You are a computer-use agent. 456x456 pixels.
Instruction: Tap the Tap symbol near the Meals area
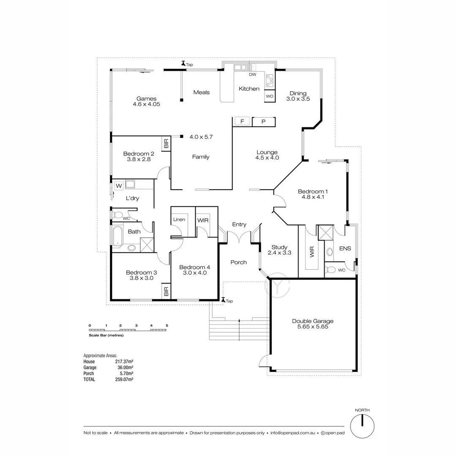coord(184,63)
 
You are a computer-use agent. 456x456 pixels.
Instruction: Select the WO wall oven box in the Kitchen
coord(270,96)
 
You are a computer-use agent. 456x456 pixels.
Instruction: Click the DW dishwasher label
coord(252,74)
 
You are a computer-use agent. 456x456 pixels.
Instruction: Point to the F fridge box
coord(242,122)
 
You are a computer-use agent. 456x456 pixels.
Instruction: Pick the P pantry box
coord(263,122)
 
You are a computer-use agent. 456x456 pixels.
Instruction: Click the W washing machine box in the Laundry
coord(119,186)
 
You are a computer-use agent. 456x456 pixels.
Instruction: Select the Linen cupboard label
coord(179,220)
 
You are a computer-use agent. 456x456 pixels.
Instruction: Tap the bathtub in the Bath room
coord(117,236)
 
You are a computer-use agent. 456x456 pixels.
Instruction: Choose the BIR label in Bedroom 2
coord(166,143)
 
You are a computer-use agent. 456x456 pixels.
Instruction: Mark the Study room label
coord(280,247)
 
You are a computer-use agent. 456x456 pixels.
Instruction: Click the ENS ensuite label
coord(345,248)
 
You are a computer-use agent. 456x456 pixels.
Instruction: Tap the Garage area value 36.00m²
coord(125,368)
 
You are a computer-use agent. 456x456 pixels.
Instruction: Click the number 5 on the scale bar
coord(167,326)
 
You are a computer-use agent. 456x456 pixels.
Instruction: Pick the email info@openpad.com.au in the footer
coord(293,433)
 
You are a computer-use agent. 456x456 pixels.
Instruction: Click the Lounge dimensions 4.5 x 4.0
coord(267,158)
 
